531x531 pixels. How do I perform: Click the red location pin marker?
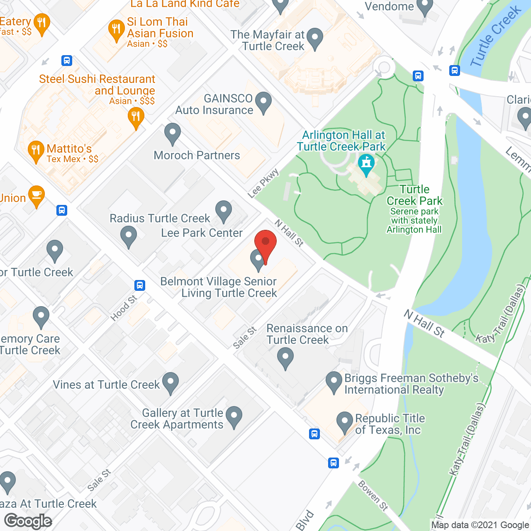pos(265,243)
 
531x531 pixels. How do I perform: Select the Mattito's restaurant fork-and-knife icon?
pos(36,150)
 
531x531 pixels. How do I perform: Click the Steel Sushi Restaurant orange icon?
pos(136,117)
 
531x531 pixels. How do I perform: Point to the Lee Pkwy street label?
pos(263,183)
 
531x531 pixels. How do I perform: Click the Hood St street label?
pos(124,308)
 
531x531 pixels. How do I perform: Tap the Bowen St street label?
pos(373,496)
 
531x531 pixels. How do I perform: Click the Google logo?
pos(28,521)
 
